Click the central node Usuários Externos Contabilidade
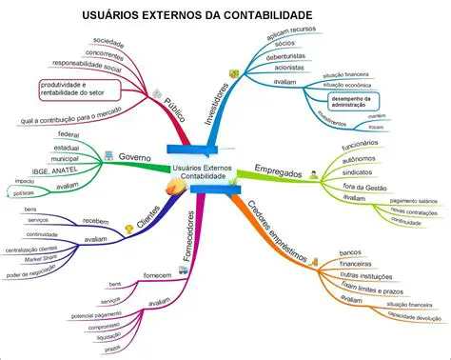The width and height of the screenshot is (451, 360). tap(203, 172)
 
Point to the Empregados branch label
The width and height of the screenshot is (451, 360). tap(278, 174)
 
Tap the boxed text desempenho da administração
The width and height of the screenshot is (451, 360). tap(353, 101)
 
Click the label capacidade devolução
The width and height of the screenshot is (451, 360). tap(407, 317)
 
